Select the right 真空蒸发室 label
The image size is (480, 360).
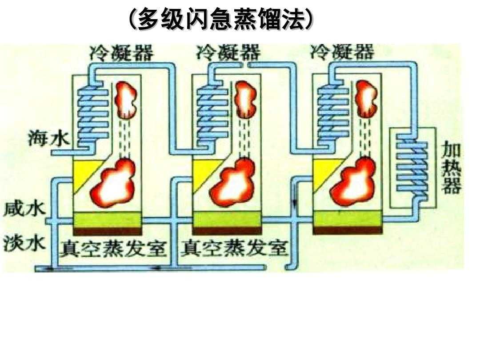234,249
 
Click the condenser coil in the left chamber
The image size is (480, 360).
93,113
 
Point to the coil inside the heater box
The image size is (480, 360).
412,169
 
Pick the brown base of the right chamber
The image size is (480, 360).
347,230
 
